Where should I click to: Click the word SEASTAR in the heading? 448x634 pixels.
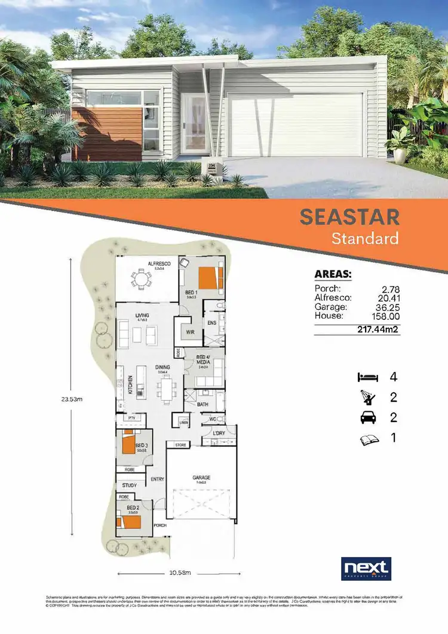(349, 217)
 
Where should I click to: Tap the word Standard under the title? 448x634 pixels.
(365, 239)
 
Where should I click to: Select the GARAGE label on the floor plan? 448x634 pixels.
(202, 478)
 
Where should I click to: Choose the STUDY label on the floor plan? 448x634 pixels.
(130, 485)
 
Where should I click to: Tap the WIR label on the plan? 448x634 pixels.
(191, 332)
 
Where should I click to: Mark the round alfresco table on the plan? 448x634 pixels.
(142, 280)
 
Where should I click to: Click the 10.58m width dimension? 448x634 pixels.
(179, 574)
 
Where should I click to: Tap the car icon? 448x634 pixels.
(367, 418)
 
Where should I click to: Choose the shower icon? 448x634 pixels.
(367, 397)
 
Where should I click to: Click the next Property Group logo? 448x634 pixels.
(366, 569)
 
